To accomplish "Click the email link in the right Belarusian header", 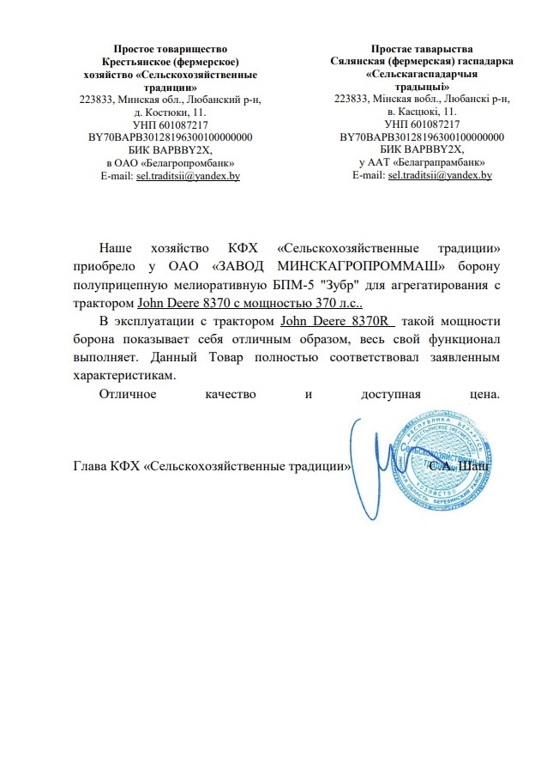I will (440, 175).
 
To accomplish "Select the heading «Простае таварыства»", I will (422, 51).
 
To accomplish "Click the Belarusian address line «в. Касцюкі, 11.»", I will (422, 112).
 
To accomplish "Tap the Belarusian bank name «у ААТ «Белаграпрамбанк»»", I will (422, 162).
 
